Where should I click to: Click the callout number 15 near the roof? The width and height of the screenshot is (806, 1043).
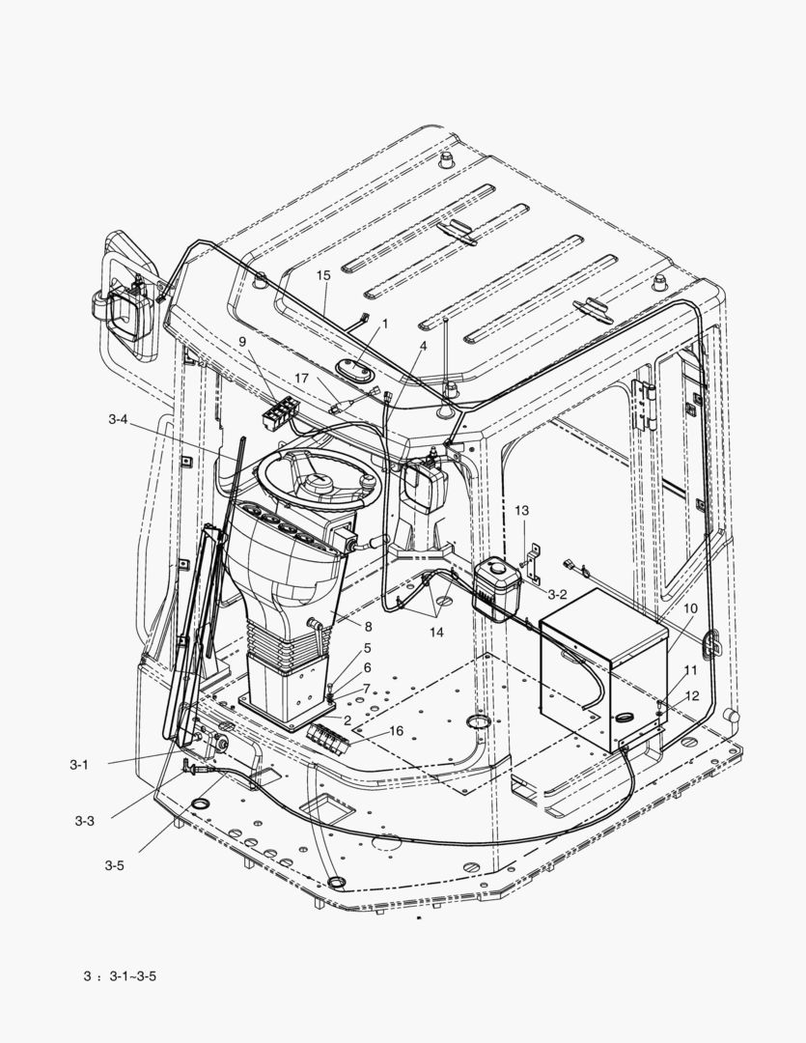323,275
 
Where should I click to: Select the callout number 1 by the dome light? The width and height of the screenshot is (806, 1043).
384,324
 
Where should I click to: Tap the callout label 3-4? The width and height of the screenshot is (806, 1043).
119,419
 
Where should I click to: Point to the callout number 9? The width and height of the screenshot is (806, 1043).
242,342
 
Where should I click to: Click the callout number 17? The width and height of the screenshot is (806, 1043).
302,379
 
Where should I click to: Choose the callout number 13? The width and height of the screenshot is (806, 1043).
521,510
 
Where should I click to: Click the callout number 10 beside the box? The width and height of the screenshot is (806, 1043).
690,608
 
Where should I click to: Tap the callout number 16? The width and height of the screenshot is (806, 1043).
396,731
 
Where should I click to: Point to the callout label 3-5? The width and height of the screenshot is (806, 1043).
114,865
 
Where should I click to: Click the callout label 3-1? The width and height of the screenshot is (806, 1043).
79,764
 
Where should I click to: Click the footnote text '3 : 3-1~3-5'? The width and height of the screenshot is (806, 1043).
120,975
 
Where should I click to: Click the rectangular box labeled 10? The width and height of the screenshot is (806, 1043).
603,676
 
